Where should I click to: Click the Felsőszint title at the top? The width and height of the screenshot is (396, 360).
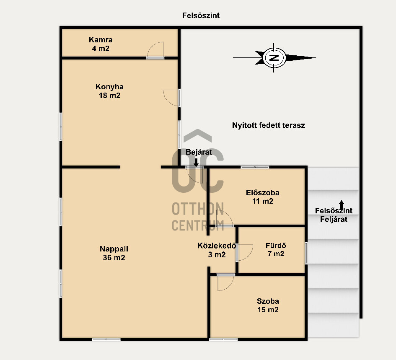(x=201, y=16)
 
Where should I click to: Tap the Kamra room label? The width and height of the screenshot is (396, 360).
(x=101, y=40)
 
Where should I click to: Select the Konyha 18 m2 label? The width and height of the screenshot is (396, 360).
(x=109, y=91)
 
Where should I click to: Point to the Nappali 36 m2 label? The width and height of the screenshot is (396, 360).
(x=114, y=253)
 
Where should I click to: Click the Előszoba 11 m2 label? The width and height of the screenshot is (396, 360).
(x=263, y=197)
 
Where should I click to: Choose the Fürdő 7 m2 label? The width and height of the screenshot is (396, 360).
(x=276, y=250)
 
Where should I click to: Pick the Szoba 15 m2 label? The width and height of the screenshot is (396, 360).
(x=268, y=305)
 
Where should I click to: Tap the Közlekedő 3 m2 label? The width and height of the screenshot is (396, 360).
(x=217, y=250)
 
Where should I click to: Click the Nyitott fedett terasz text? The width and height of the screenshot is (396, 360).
(x=269, y=125)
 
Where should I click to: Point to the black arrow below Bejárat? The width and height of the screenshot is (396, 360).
(x=196, y=163)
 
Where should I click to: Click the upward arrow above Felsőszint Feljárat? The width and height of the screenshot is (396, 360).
(x=342, y=205)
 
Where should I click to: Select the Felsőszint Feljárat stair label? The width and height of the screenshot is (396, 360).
(x=334, y=215)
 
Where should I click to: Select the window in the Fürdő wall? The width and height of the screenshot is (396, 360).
(x=306, y=253)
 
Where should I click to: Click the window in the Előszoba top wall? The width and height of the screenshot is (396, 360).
(x=255, y=167)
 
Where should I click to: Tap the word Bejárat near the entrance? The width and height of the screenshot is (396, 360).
(x=199, y=152)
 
